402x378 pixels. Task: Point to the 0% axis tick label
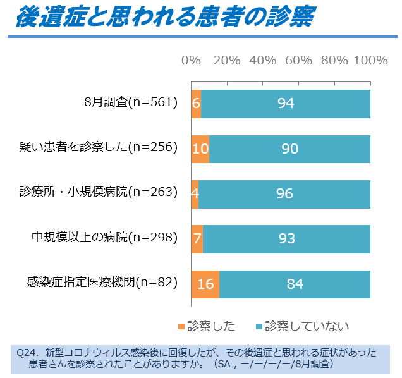[x=191, y=61]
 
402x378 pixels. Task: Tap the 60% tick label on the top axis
[x=298, y=61]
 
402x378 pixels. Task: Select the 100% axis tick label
[x=370, y=61]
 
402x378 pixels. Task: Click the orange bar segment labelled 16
[x=205, y=284]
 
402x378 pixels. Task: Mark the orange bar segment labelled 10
[x=200, y=149]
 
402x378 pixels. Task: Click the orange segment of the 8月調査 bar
[x=196, y=104]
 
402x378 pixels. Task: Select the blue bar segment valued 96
[x=284, y=193]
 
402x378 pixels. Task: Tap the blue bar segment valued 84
[x=295, y=284]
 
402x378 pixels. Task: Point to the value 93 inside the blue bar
[x=286, y=238]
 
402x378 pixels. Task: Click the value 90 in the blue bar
[x=289, y=149]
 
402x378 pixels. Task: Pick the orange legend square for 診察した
[x=182, y=326]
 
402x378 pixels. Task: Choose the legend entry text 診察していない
[x=307, y=326]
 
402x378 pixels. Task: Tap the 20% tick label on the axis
[x=227, y=61]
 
